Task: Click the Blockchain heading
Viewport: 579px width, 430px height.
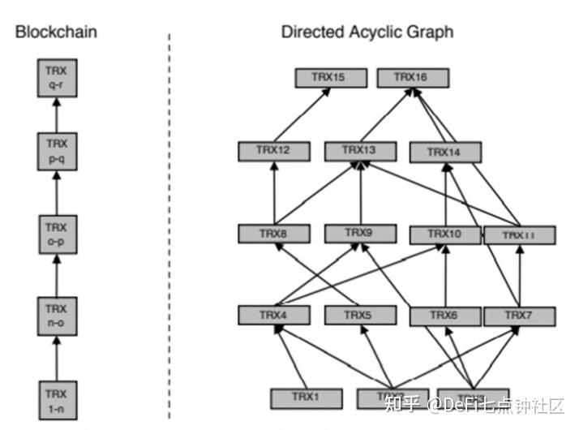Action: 57,32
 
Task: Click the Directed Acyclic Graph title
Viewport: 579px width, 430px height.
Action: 367,32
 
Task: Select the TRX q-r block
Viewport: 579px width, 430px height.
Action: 56,78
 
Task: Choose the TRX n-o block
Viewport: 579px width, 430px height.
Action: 56,315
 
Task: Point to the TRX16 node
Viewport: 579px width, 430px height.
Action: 412,78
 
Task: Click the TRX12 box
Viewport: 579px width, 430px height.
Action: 274,151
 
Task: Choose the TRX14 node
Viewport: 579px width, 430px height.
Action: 445,152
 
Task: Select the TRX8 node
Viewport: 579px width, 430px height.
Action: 274,234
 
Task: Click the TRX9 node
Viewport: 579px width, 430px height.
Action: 359,234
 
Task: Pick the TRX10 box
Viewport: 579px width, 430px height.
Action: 445,235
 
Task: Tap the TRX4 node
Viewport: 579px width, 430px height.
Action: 274,315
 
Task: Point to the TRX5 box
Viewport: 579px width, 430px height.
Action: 359,315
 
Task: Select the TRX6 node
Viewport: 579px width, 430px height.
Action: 445,315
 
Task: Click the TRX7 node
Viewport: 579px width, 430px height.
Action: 519,315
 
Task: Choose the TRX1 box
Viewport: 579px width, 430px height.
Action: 305,398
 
